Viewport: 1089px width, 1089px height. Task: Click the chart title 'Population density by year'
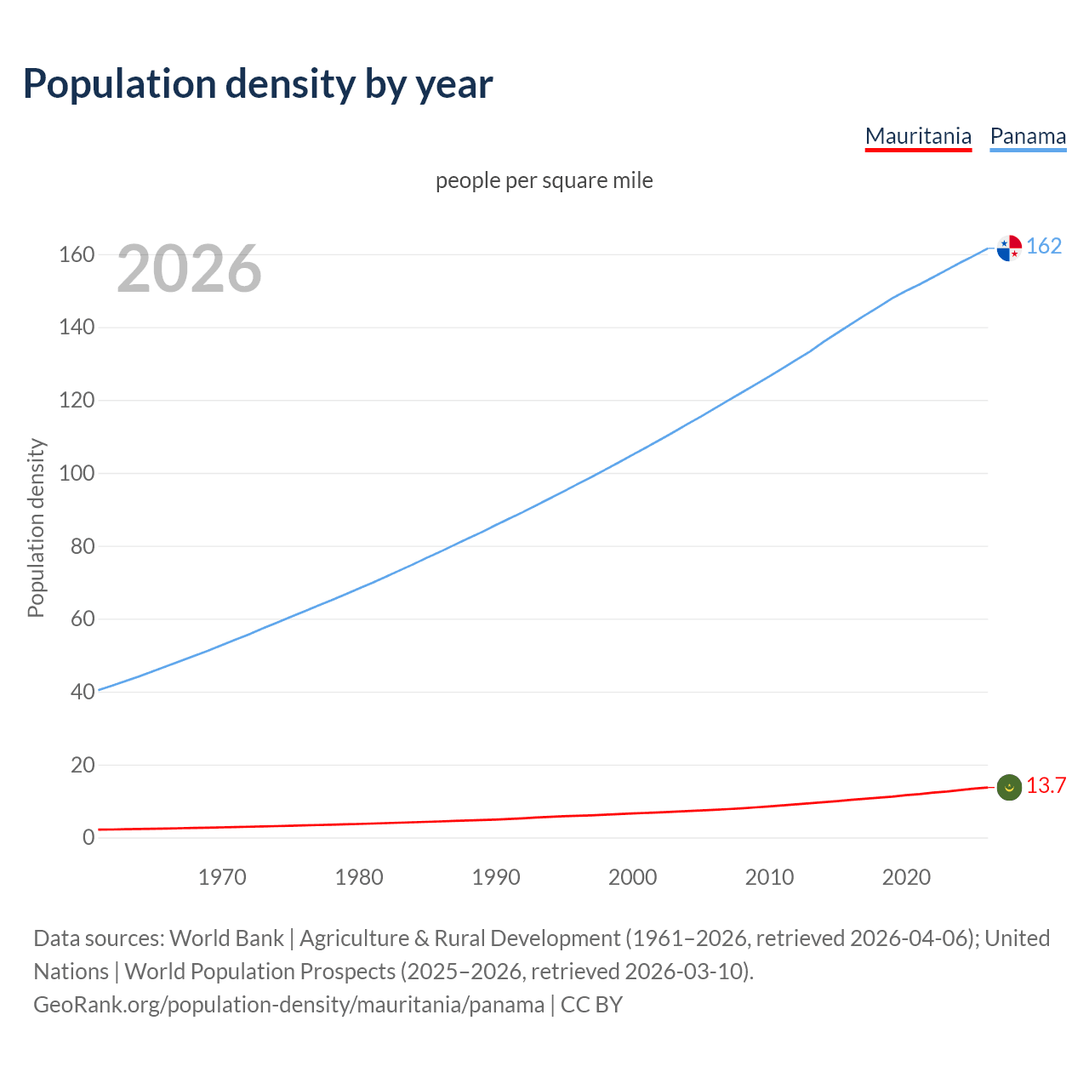point(258,83)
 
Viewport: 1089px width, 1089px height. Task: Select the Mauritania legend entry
point(918,136)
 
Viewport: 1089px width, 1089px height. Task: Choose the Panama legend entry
point(1028,136)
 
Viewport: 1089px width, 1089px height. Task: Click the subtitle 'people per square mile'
point(544,180)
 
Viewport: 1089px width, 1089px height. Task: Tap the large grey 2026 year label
point(189,269)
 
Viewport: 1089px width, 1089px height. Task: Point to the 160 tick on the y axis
point(77,254)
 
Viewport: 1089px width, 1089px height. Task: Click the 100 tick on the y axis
point(77,473)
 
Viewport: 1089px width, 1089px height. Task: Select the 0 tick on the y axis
point(88,837)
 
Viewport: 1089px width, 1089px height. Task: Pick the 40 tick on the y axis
point(83,692)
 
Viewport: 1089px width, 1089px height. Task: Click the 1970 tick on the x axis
point(222,877)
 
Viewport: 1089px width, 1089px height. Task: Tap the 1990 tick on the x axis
point(496,877)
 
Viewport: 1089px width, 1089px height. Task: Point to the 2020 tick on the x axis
point(906,877)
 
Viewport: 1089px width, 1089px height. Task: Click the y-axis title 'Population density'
point(36,527)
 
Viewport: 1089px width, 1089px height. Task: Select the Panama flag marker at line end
point(1009,248)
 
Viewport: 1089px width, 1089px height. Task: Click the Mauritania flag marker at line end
point(1009,788)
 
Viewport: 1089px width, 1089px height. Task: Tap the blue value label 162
point(1044,246)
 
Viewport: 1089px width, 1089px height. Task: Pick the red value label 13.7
point(1046,785)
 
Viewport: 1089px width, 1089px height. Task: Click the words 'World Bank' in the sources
point(226,938)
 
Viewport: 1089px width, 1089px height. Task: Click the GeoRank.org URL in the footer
point(288,1004)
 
